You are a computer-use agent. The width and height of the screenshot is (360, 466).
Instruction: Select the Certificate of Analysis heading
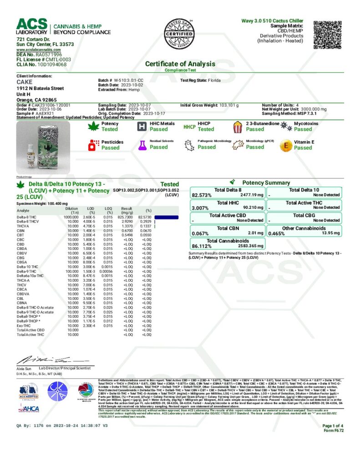coord(180,64)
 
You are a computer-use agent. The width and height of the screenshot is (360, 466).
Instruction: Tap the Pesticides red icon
coord(93,145)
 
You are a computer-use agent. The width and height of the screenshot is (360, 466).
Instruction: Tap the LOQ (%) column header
coord(108,210)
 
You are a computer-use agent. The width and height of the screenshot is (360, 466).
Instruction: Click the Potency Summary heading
coord(266,182)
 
